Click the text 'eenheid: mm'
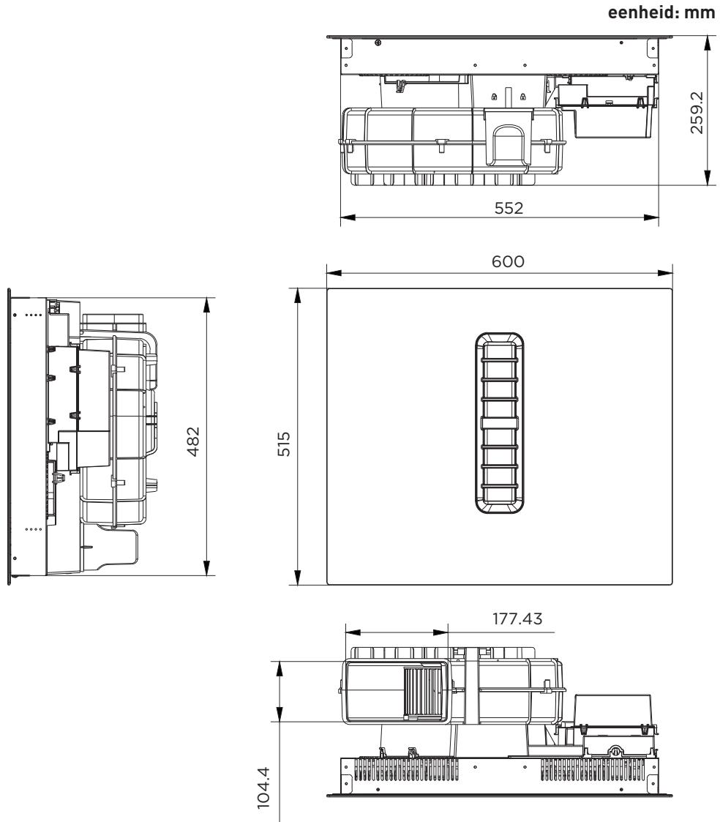[661, 12]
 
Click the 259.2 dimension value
[697, 113]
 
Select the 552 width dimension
[509, 208]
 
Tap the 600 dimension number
[508, 261]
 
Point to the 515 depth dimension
[283, 444]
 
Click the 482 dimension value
[193, 441]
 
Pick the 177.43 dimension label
[517, 619]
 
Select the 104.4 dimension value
[263, 788]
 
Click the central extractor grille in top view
[499, 422]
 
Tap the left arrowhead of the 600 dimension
[333, 272]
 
